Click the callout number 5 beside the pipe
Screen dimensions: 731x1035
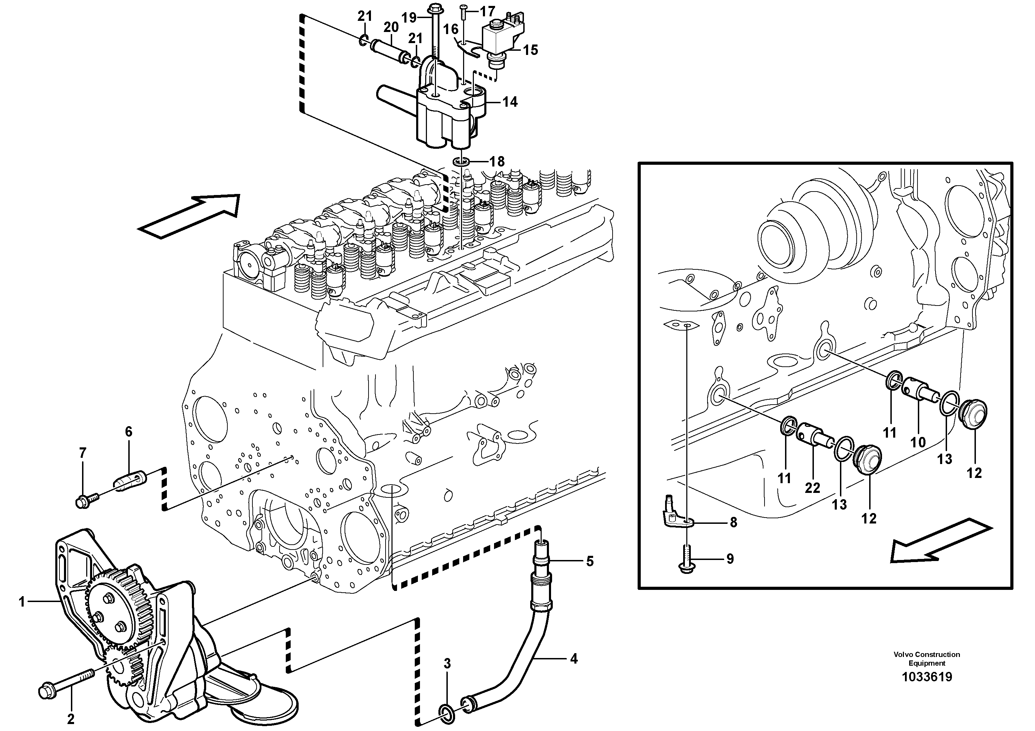[x=590, y=561]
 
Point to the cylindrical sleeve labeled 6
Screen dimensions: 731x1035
[x=132, y=481]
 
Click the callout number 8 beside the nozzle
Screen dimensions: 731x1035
[x=734, y=522]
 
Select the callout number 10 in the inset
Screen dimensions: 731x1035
[x=918, y=442]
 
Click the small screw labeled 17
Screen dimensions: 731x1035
[x=465, y=7]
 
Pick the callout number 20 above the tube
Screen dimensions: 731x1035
[x=391, y=27]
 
